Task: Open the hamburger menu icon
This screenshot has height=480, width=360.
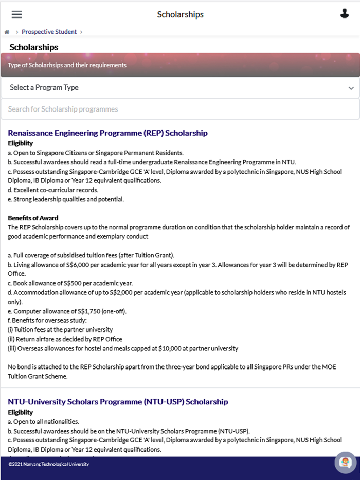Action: click(16, 14)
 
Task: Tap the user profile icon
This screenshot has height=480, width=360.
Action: click(345, 14)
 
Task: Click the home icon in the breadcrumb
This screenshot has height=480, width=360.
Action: click(7, 32)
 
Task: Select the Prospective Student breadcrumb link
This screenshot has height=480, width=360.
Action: click(49, 32)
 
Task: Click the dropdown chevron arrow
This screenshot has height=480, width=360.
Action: click(351, 88)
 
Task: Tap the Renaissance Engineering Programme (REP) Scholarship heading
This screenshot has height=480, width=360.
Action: click(107, 133)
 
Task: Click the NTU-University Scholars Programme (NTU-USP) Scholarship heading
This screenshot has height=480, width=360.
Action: click(118, 401)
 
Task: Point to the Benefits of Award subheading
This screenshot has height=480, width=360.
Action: click(33, 218)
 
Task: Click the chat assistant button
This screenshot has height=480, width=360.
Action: click(346, 462)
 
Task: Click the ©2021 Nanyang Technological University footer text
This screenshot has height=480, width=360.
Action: click(48, 464)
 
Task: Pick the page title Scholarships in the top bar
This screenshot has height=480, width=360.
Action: click(180, 14)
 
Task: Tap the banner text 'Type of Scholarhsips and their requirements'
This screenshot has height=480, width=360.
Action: click(67, 65)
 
